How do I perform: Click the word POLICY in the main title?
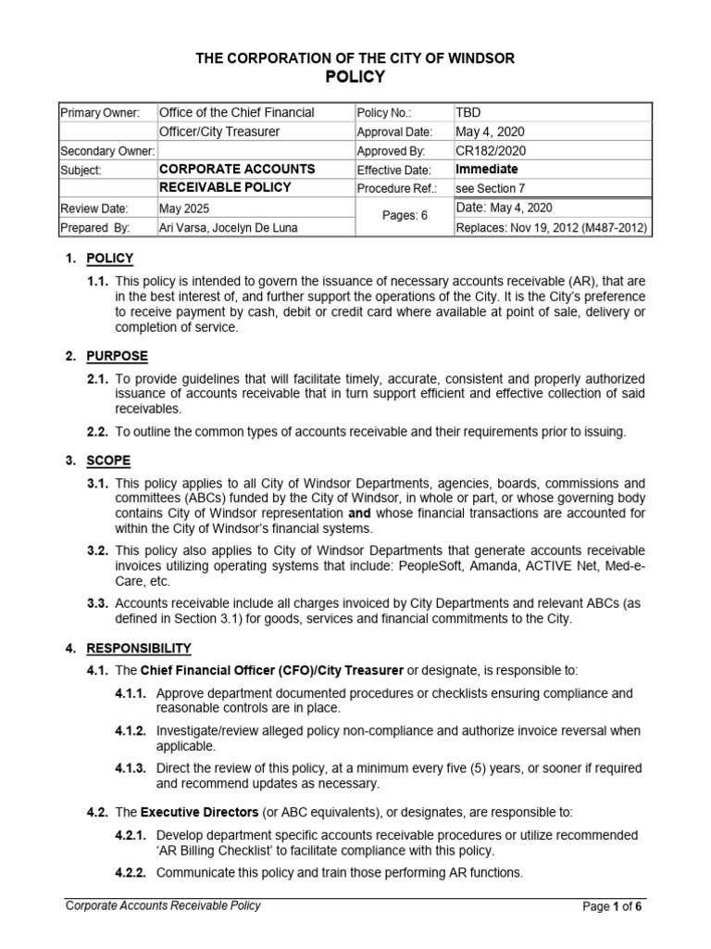click(355, 76)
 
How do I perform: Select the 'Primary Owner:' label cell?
click(99, 113)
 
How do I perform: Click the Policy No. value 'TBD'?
click(468, 113)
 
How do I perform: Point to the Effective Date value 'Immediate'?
click(487, 170)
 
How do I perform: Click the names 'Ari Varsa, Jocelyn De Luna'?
click(229, 228)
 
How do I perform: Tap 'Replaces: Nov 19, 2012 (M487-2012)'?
click(551, 228)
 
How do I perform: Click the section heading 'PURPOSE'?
click(117, 356)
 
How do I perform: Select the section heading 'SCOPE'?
click(108, 461)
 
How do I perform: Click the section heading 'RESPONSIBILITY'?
click(139, 648)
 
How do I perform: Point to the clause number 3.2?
click(98, 550)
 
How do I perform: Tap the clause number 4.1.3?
click(131, 768)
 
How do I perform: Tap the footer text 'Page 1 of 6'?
click(612, 907)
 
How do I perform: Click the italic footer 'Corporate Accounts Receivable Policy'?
click(163, 906)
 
